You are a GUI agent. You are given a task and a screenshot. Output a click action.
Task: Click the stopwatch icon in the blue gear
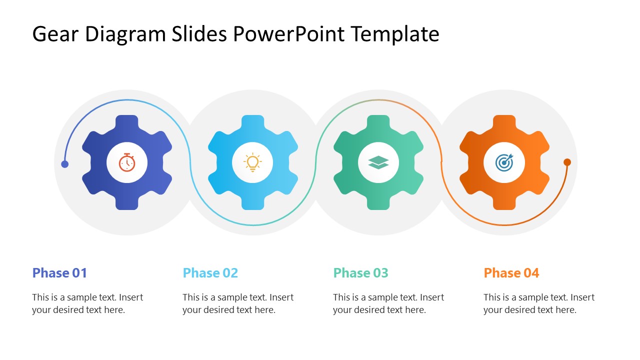point(127,162)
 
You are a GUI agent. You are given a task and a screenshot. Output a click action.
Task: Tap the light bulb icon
point(252,162)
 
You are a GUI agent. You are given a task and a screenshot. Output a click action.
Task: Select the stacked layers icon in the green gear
point(378,162)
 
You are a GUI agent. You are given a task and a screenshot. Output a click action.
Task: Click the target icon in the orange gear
point(504,162)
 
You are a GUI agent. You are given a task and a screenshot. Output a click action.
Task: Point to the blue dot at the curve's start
point(64,164)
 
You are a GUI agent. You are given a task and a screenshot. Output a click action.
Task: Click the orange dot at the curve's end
point(567,162)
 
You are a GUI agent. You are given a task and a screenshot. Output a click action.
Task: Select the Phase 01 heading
point(59,273)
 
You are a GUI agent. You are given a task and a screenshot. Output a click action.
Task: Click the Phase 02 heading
point(210,273)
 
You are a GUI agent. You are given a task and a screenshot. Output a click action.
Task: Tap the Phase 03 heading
point(360,273)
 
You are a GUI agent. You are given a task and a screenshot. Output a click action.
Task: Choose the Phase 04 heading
point(511,273)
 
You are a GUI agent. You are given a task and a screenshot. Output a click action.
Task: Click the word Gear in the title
point(55,34)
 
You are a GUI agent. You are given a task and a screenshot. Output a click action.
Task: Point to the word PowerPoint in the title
point(288,34)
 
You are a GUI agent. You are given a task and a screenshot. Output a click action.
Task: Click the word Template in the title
point(394,34)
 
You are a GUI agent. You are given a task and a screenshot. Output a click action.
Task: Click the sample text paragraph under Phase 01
point(87,303)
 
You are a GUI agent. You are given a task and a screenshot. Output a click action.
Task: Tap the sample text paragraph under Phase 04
point(538,303)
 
